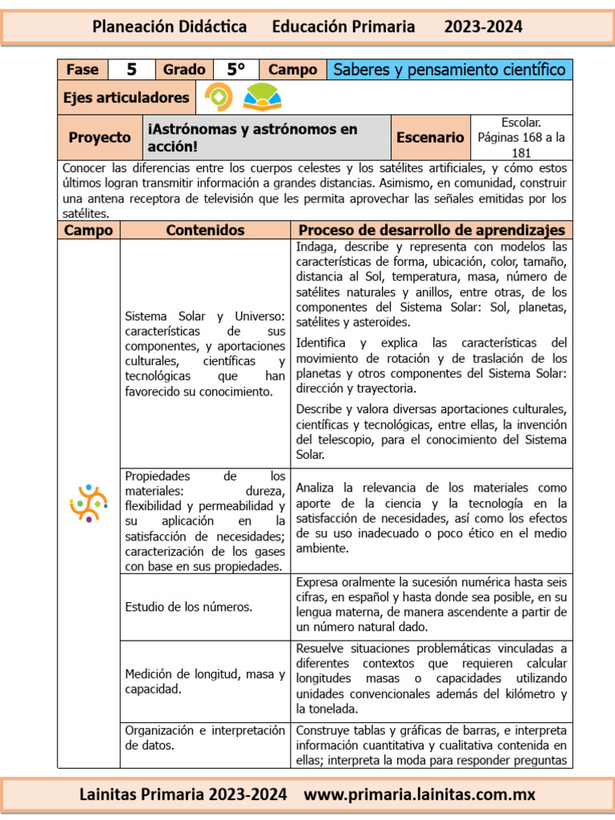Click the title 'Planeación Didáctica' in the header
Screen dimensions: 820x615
[169, 26]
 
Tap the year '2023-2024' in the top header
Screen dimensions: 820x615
[483, 26]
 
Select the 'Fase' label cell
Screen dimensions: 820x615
[82, 70]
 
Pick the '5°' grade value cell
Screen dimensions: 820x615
[235, 70]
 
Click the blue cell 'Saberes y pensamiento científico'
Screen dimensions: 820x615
[449, 70]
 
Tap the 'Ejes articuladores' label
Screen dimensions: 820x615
[127, 98]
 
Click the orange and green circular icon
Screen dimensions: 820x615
[219, 98]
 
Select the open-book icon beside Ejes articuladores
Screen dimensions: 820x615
[262, 98]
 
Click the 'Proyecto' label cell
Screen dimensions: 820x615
[99, 137]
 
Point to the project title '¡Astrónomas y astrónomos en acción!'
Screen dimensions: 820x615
[251, 137]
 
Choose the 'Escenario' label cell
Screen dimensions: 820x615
[430, 137]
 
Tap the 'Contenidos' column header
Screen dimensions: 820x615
[205, 230]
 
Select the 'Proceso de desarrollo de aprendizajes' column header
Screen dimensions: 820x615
[432, 230]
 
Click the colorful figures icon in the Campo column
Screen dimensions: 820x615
[88, 503]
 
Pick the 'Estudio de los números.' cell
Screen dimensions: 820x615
[188, 607]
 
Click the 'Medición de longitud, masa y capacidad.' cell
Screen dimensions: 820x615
[205, 681]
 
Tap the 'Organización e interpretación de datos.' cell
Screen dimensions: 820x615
[205, 738]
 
